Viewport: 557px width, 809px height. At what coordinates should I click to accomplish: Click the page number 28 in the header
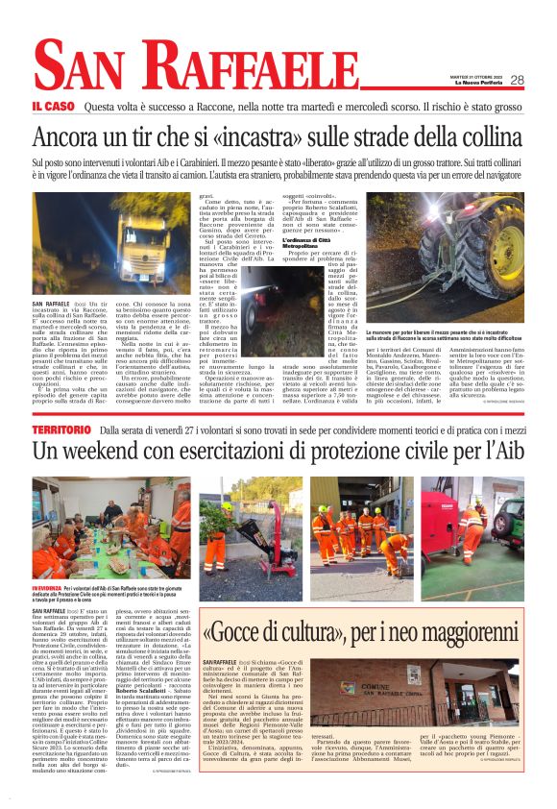(544, 81)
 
